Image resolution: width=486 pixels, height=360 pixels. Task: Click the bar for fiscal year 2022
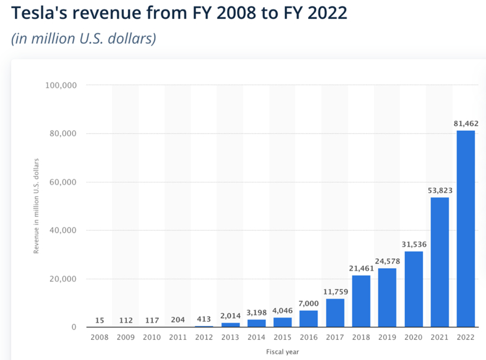click(x=465, y=229)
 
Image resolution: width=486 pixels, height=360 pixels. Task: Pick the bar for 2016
click(x=308, y=319)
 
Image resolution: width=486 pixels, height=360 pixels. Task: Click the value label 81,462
click(x=465, y=124)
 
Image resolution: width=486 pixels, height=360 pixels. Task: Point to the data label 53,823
click(x=439, y=191)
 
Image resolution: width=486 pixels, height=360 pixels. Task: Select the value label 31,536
click(x=413, y=245)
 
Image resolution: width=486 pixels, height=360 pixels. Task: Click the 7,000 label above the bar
click(x=308, y=304)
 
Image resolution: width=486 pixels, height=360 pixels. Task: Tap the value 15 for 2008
click(x=100, y=320)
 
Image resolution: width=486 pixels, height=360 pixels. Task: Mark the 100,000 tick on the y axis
click(x=60, y=85)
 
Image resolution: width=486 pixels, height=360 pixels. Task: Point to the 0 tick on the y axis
click(x=73, y=327)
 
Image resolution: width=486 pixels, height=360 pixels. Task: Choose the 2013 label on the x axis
click(x=230, y=337)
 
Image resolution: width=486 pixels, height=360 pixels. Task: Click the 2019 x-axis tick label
click(x=387, y=337)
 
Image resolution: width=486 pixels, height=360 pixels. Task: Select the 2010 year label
click(x=152, y=337)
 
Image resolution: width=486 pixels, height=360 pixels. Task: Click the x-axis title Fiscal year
click(x=282, y=352)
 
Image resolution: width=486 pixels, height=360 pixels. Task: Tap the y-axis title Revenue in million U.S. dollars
click(x=36, y=206)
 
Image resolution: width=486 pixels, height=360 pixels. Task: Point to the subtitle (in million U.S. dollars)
click(x=84, y=39)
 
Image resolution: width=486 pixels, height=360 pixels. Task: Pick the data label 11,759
click(x=334, y=292)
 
